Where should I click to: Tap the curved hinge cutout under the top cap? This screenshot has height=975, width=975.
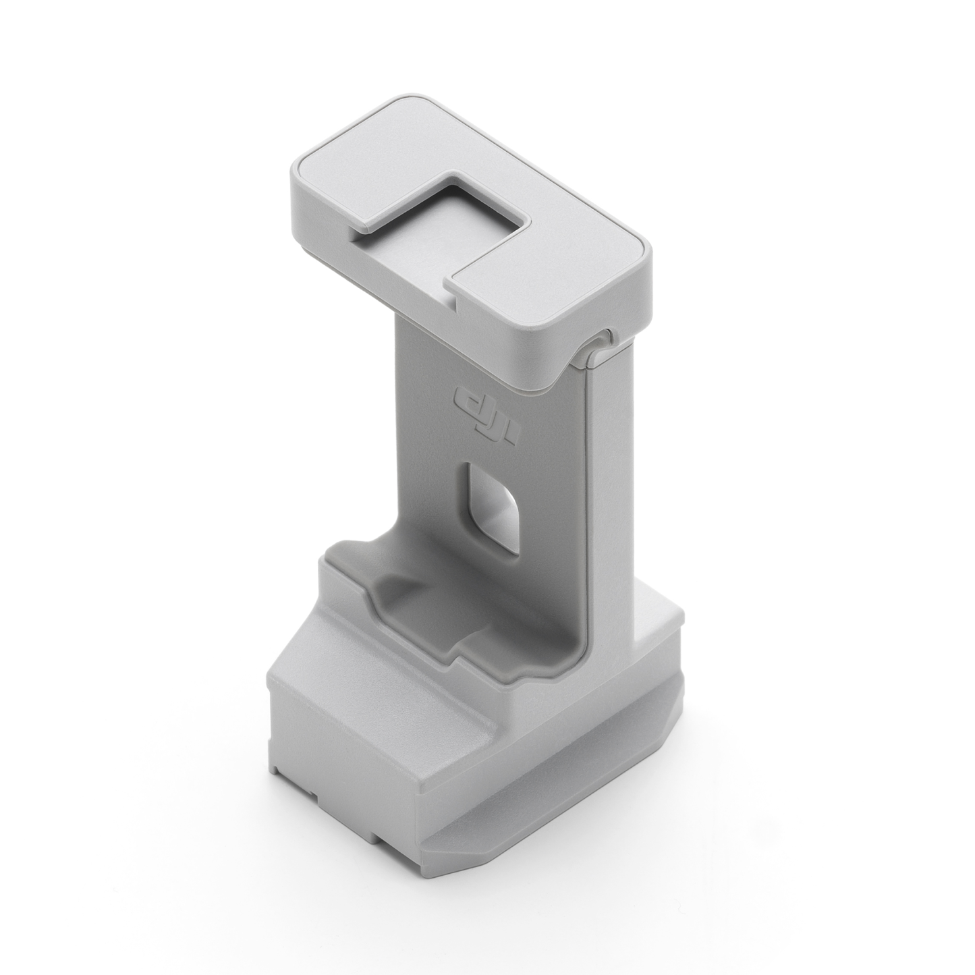[597, 347]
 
